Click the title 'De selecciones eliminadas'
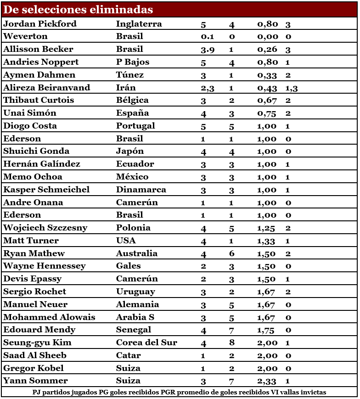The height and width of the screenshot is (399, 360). click(x=78, y=10)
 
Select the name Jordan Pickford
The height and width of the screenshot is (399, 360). click(x=40, y=24)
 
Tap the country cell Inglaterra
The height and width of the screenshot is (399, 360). click(x=139, y=24)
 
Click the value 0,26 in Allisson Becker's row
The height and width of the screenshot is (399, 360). click(x=267, y=50)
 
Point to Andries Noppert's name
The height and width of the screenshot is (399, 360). click(x=41, y=62)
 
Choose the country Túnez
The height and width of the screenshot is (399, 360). click(x=130, y=75)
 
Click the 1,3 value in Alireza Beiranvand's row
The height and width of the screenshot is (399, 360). click(x=292, y=88)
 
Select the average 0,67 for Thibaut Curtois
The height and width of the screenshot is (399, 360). click(x=267, y=101)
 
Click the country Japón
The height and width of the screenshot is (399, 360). click(x=130, y=151)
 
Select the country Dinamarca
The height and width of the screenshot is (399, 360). click(x=141, y=190)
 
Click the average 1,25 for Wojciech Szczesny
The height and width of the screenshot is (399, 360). click(x=267, y=228)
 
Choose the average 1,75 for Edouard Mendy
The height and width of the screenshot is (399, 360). click(x=267, y=330)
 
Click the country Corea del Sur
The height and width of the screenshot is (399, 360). click(x=146, y=343)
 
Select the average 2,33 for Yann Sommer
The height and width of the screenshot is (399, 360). click(x=267, y=381)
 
